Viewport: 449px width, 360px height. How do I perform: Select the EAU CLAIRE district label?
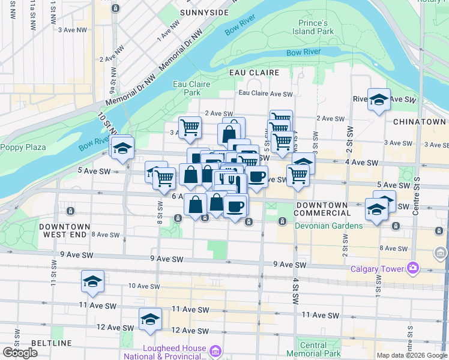tap(255, 73)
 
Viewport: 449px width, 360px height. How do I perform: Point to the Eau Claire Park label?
tap(191, 89)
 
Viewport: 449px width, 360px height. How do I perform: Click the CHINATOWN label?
tap(419, 122)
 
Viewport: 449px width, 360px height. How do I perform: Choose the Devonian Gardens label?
tap(328, 226)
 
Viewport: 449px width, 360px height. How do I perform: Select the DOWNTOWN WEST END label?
tap(64, 230)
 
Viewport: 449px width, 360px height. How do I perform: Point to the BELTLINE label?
tap(53, 343)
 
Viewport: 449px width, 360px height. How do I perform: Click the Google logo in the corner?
tap(20, 353)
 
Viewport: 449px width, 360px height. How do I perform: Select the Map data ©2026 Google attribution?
tap(411, 355)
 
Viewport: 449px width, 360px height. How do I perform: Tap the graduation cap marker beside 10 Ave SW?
tap(93, 281)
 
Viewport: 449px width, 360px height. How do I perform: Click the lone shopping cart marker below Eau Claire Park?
tap(190, 127)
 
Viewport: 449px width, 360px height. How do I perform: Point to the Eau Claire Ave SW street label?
tap(265, 94)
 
